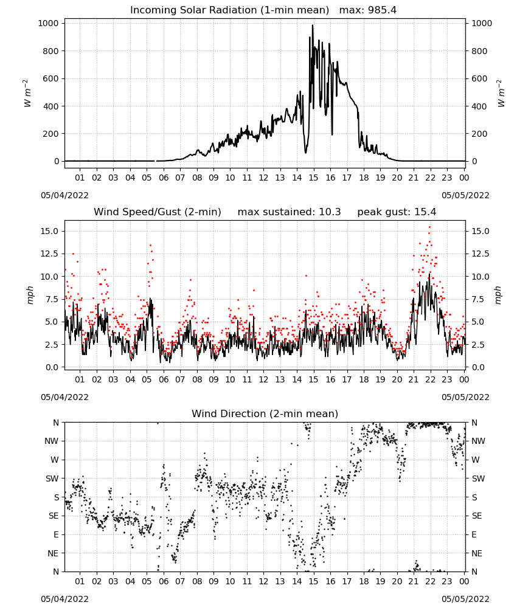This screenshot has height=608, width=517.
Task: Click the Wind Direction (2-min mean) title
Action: click(x=265, y=413)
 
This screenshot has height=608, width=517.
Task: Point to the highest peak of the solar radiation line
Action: click(x=313, y=26)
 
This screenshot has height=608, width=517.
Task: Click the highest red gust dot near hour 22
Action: click(x=429, y=227)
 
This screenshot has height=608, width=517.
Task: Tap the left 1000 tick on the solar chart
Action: click(x=49, y=23)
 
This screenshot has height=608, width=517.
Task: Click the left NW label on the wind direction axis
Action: click(x=52, y=441)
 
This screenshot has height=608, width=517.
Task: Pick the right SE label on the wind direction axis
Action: click(x=477, y=516)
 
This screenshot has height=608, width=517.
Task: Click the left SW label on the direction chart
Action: click(x=52, y=479)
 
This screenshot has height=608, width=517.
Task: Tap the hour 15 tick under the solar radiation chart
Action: click(x=313, y=178)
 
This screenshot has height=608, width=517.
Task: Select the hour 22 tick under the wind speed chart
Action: click(x=430, y=379)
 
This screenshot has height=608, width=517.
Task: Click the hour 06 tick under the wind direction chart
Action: click(x=164, y=581)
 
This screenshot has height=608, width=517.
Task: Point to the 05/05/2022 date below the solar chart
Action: click(x=465, y=195)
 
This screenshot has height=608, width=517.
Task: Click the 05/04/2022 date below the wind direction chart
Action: click(x=64, y=599)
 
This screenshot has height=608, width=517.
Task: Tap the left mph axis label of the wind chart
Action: click(x=30, y=295)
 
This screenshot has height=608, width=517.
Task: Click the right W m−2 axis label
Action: click(x=501, y=93)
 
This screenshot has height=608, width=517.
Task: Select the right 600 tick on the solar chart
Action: click(x=479, y=78)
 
